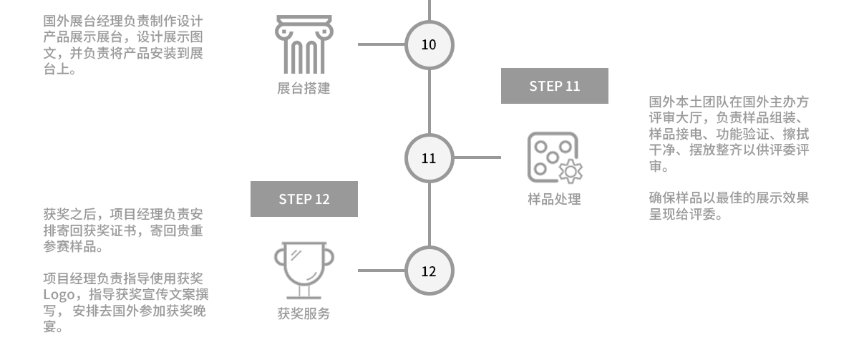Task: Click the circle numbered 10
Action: pos(429,44)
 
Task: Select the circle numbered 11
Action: pos(429,158)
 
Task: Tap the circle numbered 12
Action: pos(429,271)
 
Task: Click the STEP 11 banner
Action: pos(554,86)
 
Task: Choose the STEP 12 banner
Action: pos(304,199)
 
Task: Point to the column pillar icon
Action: pos(304,44)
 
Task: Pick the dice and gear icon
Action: pos(554,157)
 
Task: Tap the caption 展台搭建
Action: pos(304,89)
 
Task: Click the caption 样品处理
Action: pos(554,200)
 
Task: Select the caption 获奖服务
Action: pos(304,313)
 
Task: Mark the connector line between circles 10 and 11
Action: pos(429,101)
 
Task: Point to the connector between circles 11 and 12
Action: pos(429,215)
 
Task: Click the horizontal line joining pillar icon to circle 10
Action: pos(381,44)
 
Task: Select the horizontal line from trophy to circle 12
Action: pos(381,271)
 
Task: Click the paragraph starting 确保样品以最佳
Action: pos(729,206)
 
